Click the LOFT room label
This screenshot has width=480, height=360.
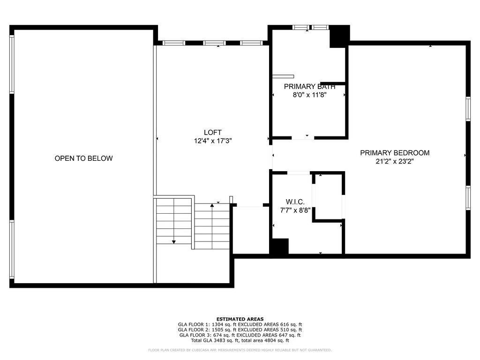pyautogui.click(x=212, y=133)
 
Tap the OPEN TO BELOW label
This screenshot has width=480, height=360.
pyautogui.click(x=83, y=158)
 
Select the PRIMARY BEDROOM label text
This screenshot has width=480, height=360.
pyautogui.click(x=395, y=153)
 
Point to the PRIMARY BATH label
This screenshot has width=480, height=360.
pyautogui.click(x=309, y=87)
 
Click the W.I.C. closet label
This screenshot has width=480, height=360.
pyautogui.click(x=295, y=202)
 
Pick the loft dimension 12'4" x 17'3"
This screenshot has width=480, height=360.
pyautogui.click(x=213, y=141)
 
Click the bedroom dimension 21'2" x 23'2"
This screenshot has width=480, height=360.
pyautogui.click(x=395, y=161)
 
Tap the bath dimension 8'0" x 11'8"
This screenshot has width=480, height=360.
pyautogui.click(x=309, y=95)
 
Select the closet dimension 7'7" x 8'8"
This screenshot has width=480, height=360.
pyautogui.click(x=295, y=210)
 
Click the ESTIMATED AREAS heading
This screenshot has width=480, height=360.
pyautogui.click(x=240, y=319)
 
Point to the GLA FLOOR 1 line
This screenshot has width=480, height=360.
pyautogui.click(x=240, y=324)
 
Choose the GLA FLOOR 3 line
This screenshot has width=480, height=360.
pyautogui.click(x=240, y=335)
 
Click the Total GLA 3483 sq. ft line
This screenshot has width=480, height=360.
pyautogui.click(x=240, y=340)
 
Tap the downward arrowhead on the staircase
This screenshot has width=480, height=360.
pyautogui.click(x=174, y=242)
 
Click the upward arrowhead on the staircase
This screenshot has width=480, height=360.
pyautogui.click(x=212, y=205)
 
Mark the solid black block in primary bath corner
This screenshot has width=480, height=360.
pyautogui.click(x=339, y=37)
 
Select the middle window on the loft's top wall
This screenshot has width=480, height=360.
pyautogui.click(x=214, y=43)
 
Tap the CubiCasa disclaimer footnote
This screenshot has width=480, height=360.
pyautogui.click(x=240, y=350)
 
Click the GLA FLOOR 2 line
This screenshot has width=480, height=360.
pyautogui.click(x=240, y=330)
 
